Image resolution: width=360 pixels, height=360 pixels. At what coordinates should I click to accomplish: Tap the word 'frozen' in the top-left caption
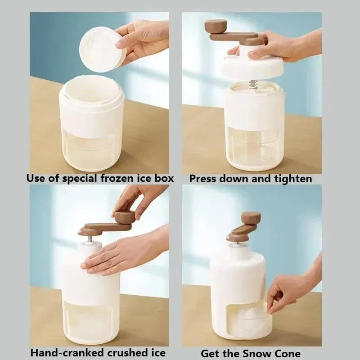[x=117, y=178]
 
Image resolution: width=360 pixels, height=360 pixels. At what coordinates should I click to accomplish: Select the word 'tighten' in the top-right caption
[x=293, y=179]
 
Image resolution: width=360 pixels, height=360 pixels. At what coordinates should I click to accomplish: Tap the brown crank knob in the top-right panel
[x=216, y=25]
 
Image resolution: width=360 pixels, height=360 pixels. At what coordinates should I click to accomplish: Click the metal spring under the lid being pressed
[x=253, y=84]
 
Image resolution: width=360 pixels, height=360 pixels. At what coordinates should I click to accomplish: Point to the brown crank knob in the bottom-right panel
[x=251, y=218]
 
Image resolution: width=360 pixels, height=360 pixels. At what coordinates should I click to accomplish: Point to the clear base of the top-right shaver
[x=254, y=148]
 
